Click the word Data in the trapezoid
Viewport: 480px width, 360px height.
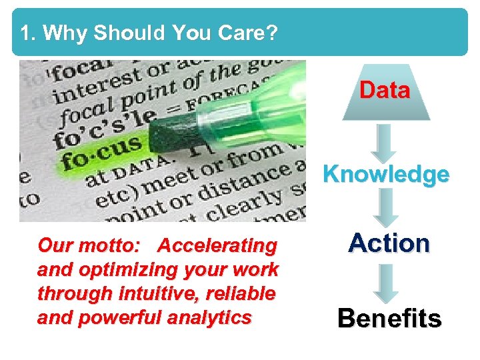(x=385, y=91)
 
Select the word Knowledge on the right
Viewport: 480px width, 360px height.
(x=386, y=175)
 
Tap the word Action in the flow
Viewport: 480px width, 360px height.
(x=389, y=243)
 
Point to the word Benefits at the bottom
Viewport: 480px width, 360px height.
(x=389, y=319)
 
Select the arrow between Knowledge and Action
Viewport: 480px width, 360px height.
(x=386, y=208)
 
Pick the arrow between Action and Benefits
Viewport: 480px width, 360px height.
(x=386, y=282)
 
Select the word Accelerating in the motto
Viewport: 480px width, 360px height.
(x=217, y=246)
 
